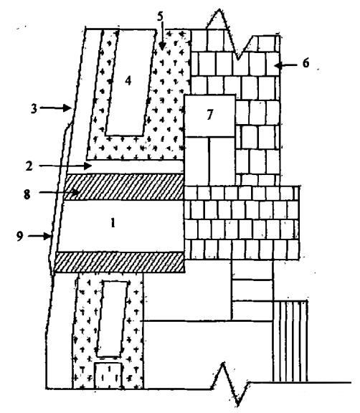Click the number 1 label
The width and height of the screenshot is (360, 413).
click(x=113, y=224)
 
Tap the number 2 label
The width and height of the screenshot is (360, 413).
click(x=29, y=166)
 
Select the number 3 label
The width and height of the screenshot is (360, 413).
click(x=34, y=108)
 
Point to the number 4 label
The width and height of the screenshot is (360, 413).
click(x=128, y=80)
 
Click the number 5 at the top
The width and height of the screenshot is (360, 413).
click(x=161, y=16)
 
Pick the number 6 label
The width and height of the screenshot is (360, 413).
click(x=305, y=64)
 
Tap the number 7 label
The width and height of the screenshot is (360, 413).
click(x=209, y=115)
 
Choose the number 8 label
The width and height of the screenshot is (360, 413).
click(x=27, y=195)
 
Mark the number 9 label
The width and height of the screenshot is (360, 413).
click(x=20, y=237)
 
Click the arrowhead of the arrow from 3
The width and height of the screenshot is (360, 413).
click(x=68, y=108)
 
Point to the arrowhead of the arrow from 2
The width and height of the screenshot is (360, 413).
click(x=88, y=166)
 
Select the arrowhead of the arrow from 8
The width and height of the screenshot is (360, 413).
click(x=76, y=193)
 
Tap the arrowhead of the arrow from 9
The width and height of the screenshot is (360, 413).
click(x=47, y=236)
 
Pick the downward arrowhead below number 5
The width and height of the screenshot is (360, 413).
click(x=162, y=47)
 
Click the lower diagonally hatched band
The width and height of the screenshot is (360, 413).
click(x=119, y=262)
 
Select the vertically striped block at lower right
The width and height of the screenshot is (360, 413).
click(x=290, y=341)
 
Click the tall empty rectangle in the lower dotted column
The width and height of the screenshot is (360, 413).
click(x=113, y=318)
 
